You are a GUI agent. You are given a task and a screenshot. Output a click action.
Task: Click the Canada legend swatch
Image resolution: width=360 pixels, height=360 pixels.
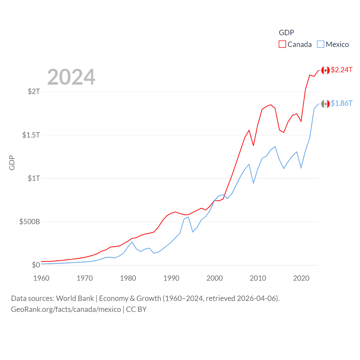pyautogui.click(x=282, y=44)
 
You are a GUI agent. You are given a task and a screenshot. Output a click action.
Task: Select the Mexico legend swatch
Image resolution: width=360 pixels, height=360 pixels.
pyautogui.click(x=321, y=44)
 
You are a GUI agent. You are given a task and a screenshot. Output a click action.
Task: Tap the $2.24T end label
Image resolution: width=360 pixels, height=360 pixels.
pyautogui.click(x=342, y=70)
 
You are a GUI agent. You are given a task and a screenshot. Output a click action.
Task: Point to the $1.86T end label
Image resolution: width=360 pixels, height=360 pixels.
pyautogui.click(x=342, y=103)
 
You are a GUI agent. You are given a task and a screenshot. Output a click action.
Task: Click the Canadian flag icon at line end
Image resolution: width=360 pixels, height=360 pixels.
pyautogui.click(x=325, y=70)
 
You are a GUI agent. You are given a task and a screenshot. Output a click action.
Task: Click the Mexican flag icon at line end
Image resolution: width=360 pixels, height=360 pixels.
pyautogui.click(x=325, y=104)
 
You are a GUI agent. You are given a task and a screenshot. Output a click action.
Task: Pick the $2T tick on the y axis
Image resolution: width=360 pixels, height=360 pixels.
pyautogui.click(x=34, y=91)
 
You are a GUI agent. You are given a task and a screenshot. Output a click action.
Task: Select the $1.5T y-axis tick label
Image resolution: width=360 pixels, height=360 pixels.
pyautogui.click(x=31, y=135)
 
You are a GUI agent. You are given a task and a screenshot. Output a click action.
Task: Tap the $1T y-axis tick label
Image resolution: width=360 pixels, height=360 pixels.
pyautogui.click(x=34, y=178)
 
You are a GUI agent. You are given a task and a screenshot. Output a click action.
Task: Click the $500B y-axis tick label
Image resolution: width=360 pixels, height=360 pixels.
pyautogui.click(x=30, y=222)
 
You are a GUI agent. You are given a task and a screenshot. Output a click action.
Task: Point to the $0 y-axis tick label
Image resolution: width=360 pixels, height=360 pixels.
pyautogui.click(x=36, y=265)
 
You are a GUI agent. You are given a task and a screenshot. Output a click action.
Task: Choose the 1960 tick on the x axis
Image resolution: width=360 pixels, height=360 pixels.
pyautogui.click(x=41, y=278)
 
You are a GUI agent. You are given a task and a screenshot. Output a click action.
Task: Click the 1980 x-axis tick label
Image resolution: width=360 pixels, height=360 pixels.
pyautogui.click(x=128, y=278)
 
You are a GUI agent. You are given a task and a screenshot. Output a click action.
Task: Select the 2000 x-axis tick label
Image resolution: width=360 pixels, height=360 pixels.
pyautogui.click(x=215, y=278)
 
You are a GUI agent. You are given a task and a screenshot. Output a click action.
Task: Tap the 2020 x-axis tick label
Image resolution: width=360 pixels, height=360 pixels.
pyautogui.click(x=301, y=278)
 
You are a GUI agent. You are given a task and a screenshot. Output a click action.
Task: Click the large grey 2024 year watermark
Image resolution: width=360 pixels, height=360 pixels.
pyautogui.click(x=71, y=77)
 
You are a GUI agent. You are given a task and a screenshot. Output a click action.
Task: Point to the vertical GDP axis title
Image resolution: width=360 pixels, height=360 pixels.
pyautogui.click(x=12, y=163)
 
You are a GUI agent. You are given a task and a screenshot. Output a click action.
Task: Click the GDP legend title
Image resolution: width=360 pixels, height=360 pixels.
pyautogui.click(x=286, y=33)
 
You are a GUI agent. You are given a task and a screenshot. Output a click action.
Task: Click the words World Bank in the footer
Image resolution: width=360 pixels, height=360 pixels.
pyautogui.click(x=75, y=298)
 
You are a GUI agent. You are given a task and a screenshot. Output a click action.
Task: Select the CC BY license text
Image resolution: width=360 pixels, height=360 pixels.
pyautogui.click(x=136, y=309)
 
